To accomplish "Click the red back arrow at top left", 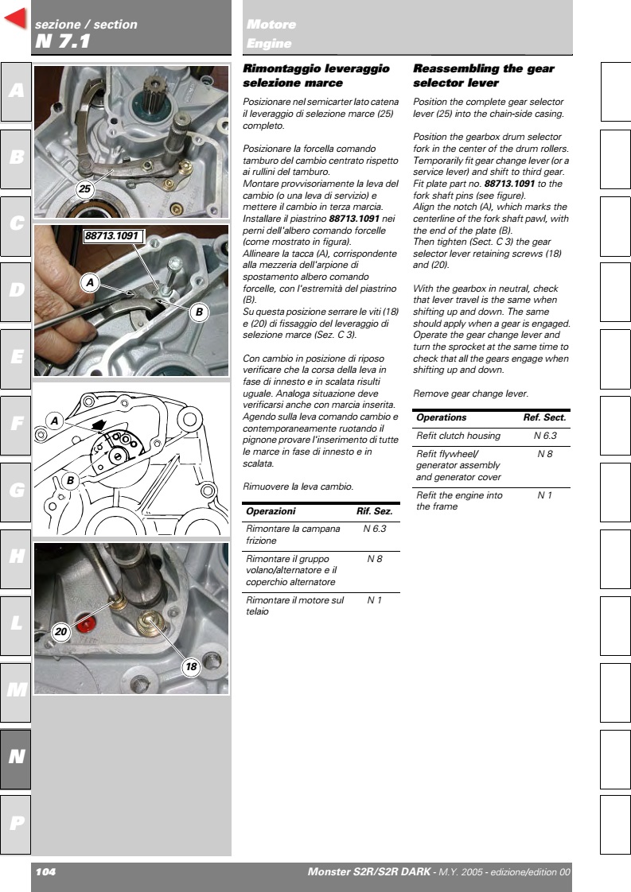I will coord(16,20).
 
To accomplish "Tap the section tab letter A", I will coord(16,91).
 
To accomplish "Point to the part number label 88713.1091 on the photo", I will coord(113,236).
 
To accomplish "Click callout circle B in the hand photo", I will coord(199,312).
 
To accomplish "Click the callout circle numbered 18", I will coord(191,668).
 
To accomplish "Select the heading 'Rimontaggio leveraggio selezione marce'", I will coord(316,76).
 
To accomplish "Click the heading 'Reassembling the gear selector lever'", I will coord(484,76).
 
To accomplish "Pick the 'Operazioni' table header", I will coord(271,511).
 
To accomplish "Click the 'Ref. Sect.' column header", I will coord(544,417).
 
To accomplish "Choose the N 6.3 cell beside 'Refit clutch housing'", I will coord(545,436).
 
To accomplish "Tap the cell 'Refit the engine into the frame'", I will coord(459,500).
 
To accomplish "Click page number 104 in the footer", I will coord(45,872).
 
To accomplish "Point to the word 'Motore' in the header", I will coord(271,25).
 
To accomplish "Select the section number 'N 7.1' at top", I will coord(63,41).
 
